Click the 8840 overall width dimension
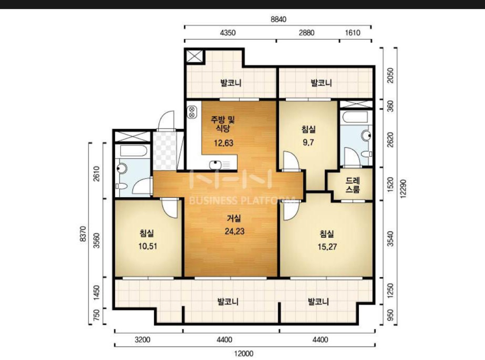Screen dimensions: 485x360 (x=278, y=20)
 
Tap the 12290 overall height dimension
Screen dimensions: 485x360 (x=403, y=189)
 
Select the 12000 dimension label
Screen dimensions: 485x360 (x=244, y=354)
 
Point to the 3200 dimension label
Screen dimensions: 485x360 (x=142, y=340)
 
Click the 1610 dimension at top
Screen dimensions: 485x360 (x=353, y=33)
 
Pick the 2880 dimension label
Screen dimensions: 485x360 (x=306, y=33)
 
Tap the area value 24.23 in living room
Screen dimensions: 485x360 (x=235, y=231)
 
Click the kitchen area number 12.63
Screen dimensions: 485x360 (x=224, y=143)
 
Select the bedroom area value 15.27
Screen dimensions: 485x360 (x=327, y=247)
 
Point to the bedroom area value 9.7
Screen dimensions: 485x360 (x=308, y=143)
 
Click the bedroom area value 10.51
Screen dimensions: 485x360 (x=148, y=246)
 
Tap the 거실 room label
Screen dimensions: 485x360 (x=234, y=218)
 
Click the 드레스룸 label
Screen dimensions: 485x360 (x=353, y=185)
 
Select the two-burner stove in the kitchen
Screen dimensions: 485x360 (x=192, y=112)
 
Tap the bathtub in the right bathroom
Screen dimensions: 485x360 (x=355, y=117)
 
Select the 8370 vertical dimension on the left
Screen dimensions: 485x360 (x=84, y=234)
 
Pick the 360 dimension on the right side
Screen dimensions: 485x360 (x=390, y=106)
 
